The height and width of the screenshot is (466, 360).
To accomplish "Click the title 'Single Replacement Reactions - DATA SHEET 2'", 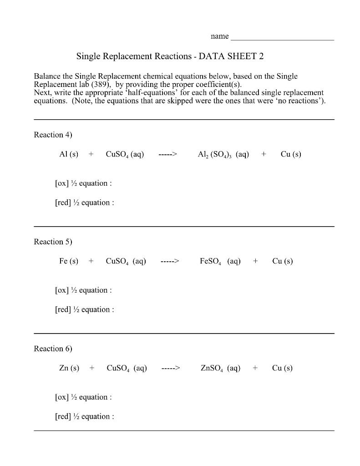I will (170, 56).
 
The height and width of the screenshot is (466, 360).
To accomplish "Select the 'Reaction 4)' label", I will (53, 135).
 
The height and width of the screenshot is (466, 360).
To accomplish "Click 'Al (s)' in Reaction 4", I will (69, 154).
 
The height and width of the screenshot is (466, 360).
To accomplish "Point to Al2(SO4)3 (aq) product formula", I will (223, 155).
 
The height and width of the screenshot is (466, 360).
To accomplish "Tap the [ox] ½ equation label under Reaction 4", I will (83, 183).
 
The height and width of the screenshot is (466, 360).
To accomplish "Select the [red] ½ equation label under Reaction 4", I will (84, 203).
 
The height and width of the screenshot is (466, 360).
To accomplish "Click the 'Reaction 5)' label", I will (53, 242).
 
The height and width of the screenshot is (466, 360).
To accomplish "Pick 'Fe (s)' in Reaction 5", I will (69, 261).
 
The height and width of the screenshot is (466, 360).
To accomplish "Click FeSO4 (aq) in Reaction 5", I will (220, 261).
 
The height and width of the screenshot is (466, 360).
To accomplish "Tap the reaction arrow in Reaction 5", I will (170, 261).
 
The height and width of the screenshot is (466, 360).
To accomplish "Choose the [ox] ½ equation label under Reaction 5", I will (83, 290).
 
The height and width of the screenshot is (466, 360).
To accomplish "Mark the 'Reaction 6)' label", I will (53, 349).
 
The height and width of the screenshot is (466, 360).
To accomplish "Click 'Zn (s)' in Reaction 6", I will (69, 368).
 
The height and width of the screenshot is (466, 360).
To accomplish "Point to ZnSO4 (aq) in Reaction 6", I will (221, 368).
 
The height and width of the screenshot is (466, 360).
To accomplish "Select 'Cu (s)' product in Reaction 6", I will (282, 368).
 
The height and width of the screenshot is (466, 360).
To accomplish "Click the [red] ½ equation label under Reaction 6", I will (84, 416).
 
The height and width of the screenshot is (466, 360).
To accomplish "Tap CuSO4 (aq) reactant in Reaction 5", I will (126, 261).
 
